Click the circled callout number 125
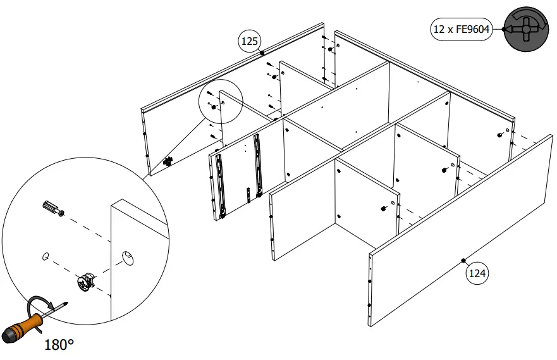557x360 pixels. click(x=250, y=42)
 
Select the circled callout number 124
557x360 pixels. click(x=477, y=273)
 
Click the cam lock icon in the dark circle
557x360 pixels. click(x=524, y=29)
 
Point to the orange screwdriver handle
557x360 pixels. click(x=25, y=323)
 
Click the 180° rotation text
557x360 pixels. click(x=59, y=345)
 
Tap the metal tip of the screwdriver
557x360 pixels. click(x=63, y=305)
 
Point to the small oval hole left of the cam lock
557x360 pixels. click(x=45, y=256)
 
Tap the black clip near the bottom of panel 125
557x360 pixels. click(x=168, y=162)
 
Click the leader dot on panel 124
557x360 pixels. click(x=463, y=260)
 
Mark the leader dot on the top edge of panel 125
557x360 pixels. click(x=262, y=54)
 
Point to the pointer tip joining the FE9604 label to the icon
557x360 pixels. click(x=505, y=29)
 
